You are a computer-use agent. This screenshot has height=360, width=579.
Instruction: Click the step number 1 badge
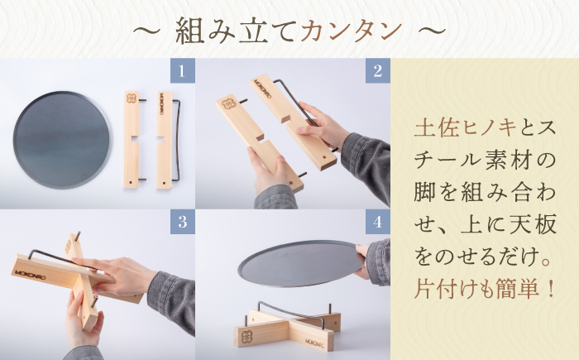(x=182, y=70)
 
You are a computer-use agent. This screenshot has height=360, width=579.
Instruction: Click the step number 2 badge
(x=377, y=70)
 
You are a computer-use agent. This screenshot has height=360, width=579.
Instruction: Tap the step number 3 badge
(x=182, y=222)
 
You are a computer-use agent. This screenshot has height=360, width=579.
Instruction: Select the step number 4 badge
(x=377, y=222)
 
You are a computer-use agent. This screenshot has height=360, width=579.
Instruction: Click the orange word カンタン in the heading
(x=352, y=31)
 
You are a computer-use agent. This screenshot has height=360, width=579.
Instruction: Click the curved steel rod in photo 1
(x=177, y=136)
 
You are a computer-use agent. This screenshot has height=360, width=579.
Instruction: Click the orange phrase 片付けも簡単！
(x=485, y=290)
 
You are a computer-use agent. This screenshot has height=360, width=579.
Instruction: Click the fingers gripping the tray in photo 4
(x=362, y=251)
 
